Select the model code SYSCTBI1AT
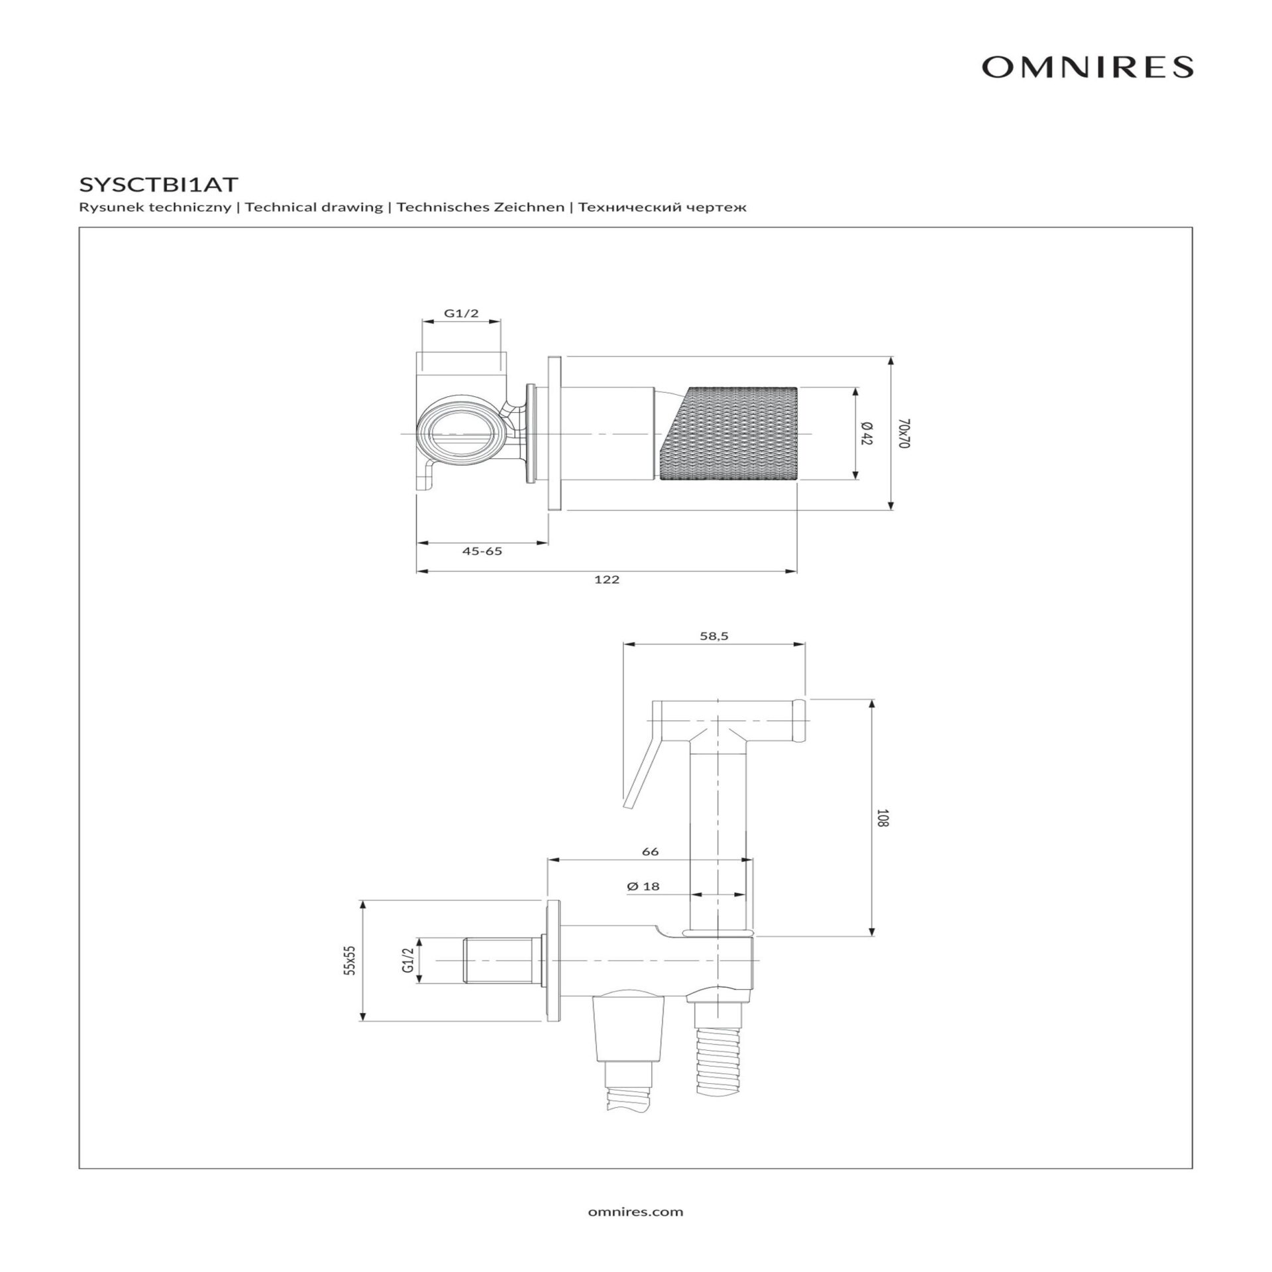click(x=158, y=184)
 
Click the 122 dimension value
click(x=606, y=580)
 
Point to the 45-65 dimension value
click(x=482, y=551)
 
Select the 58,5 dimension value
click(x=714, y=636)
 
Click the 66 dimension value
click(x=651, y=851)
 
